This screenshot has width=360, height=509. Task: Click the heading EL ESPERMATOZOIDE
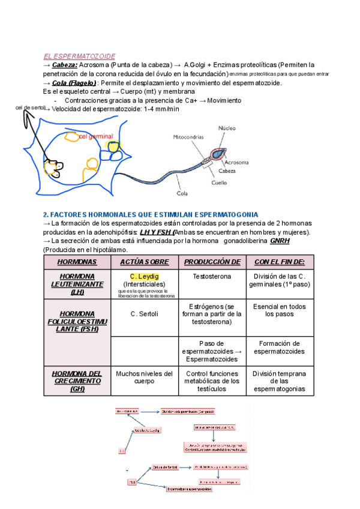click(x=79, y=56)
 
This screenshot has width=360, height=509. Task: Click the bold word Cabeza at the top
click(x=64, y=64)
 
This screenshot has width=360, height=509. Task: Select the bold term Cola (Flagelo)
click(x=74, y=83)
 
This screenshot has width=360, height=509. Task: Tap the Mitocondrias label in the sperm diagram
click(x=188, y=137)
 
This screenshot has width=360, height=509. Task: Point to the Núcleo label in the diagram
click(x=227, y=128)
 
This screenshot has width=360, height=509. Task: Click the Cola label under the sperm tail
click(x=182, y=193)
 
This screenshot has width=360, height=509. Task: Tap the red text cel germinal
click(x=96, y=137)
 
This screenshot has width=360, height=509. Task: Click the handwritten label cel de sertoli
click(x=30, y=107)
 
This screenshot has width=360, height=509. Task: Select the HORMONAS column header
click(x=77, y=262)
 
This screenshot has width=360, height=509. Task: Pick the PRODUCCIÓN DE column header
click(x=212, y=262)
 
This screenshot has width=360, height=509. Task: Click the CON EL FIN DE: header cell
click(x=279, y=262)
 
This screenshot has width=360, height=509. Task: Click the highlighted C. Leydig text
click(x=145, y=276)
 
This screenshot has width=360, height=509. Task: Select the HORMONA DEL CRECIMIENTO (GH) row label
click(x=77, y=381)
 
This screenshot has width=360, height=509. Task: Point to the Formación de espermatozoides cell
click(x=279, y=348)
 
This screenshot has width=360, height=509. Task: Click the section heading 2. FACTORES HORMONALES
click(x=150, y=214)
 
